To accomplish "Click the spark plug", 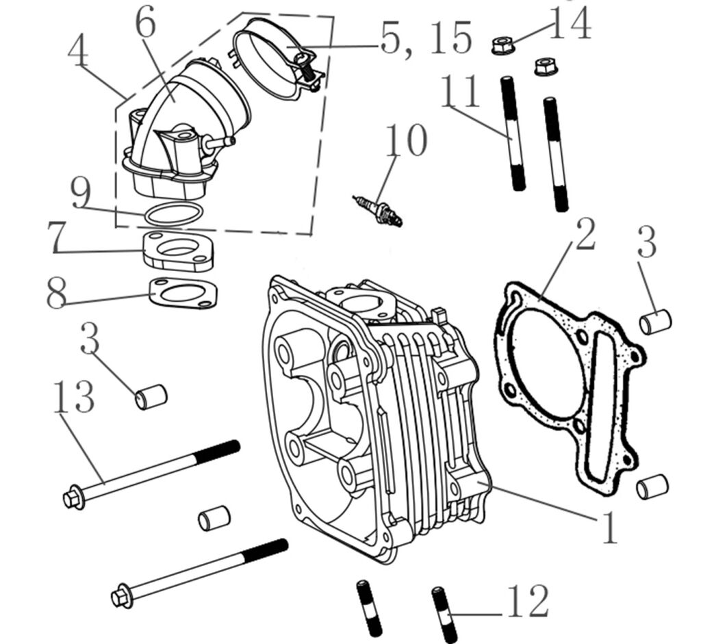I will click(x=377, y=209).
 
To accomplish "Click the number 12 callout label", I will click(x=527, y=602).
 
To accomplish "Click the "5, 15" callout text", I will click(x=426, y=38).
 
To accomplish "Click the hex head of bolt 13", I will click(x=73, y=500).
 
